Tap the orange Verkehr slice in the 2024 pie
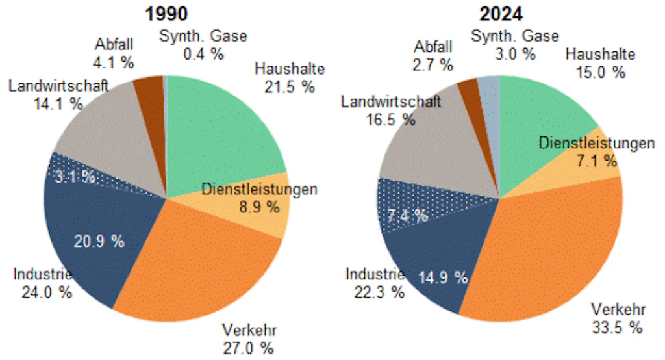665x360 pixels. tap(546, 253)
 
